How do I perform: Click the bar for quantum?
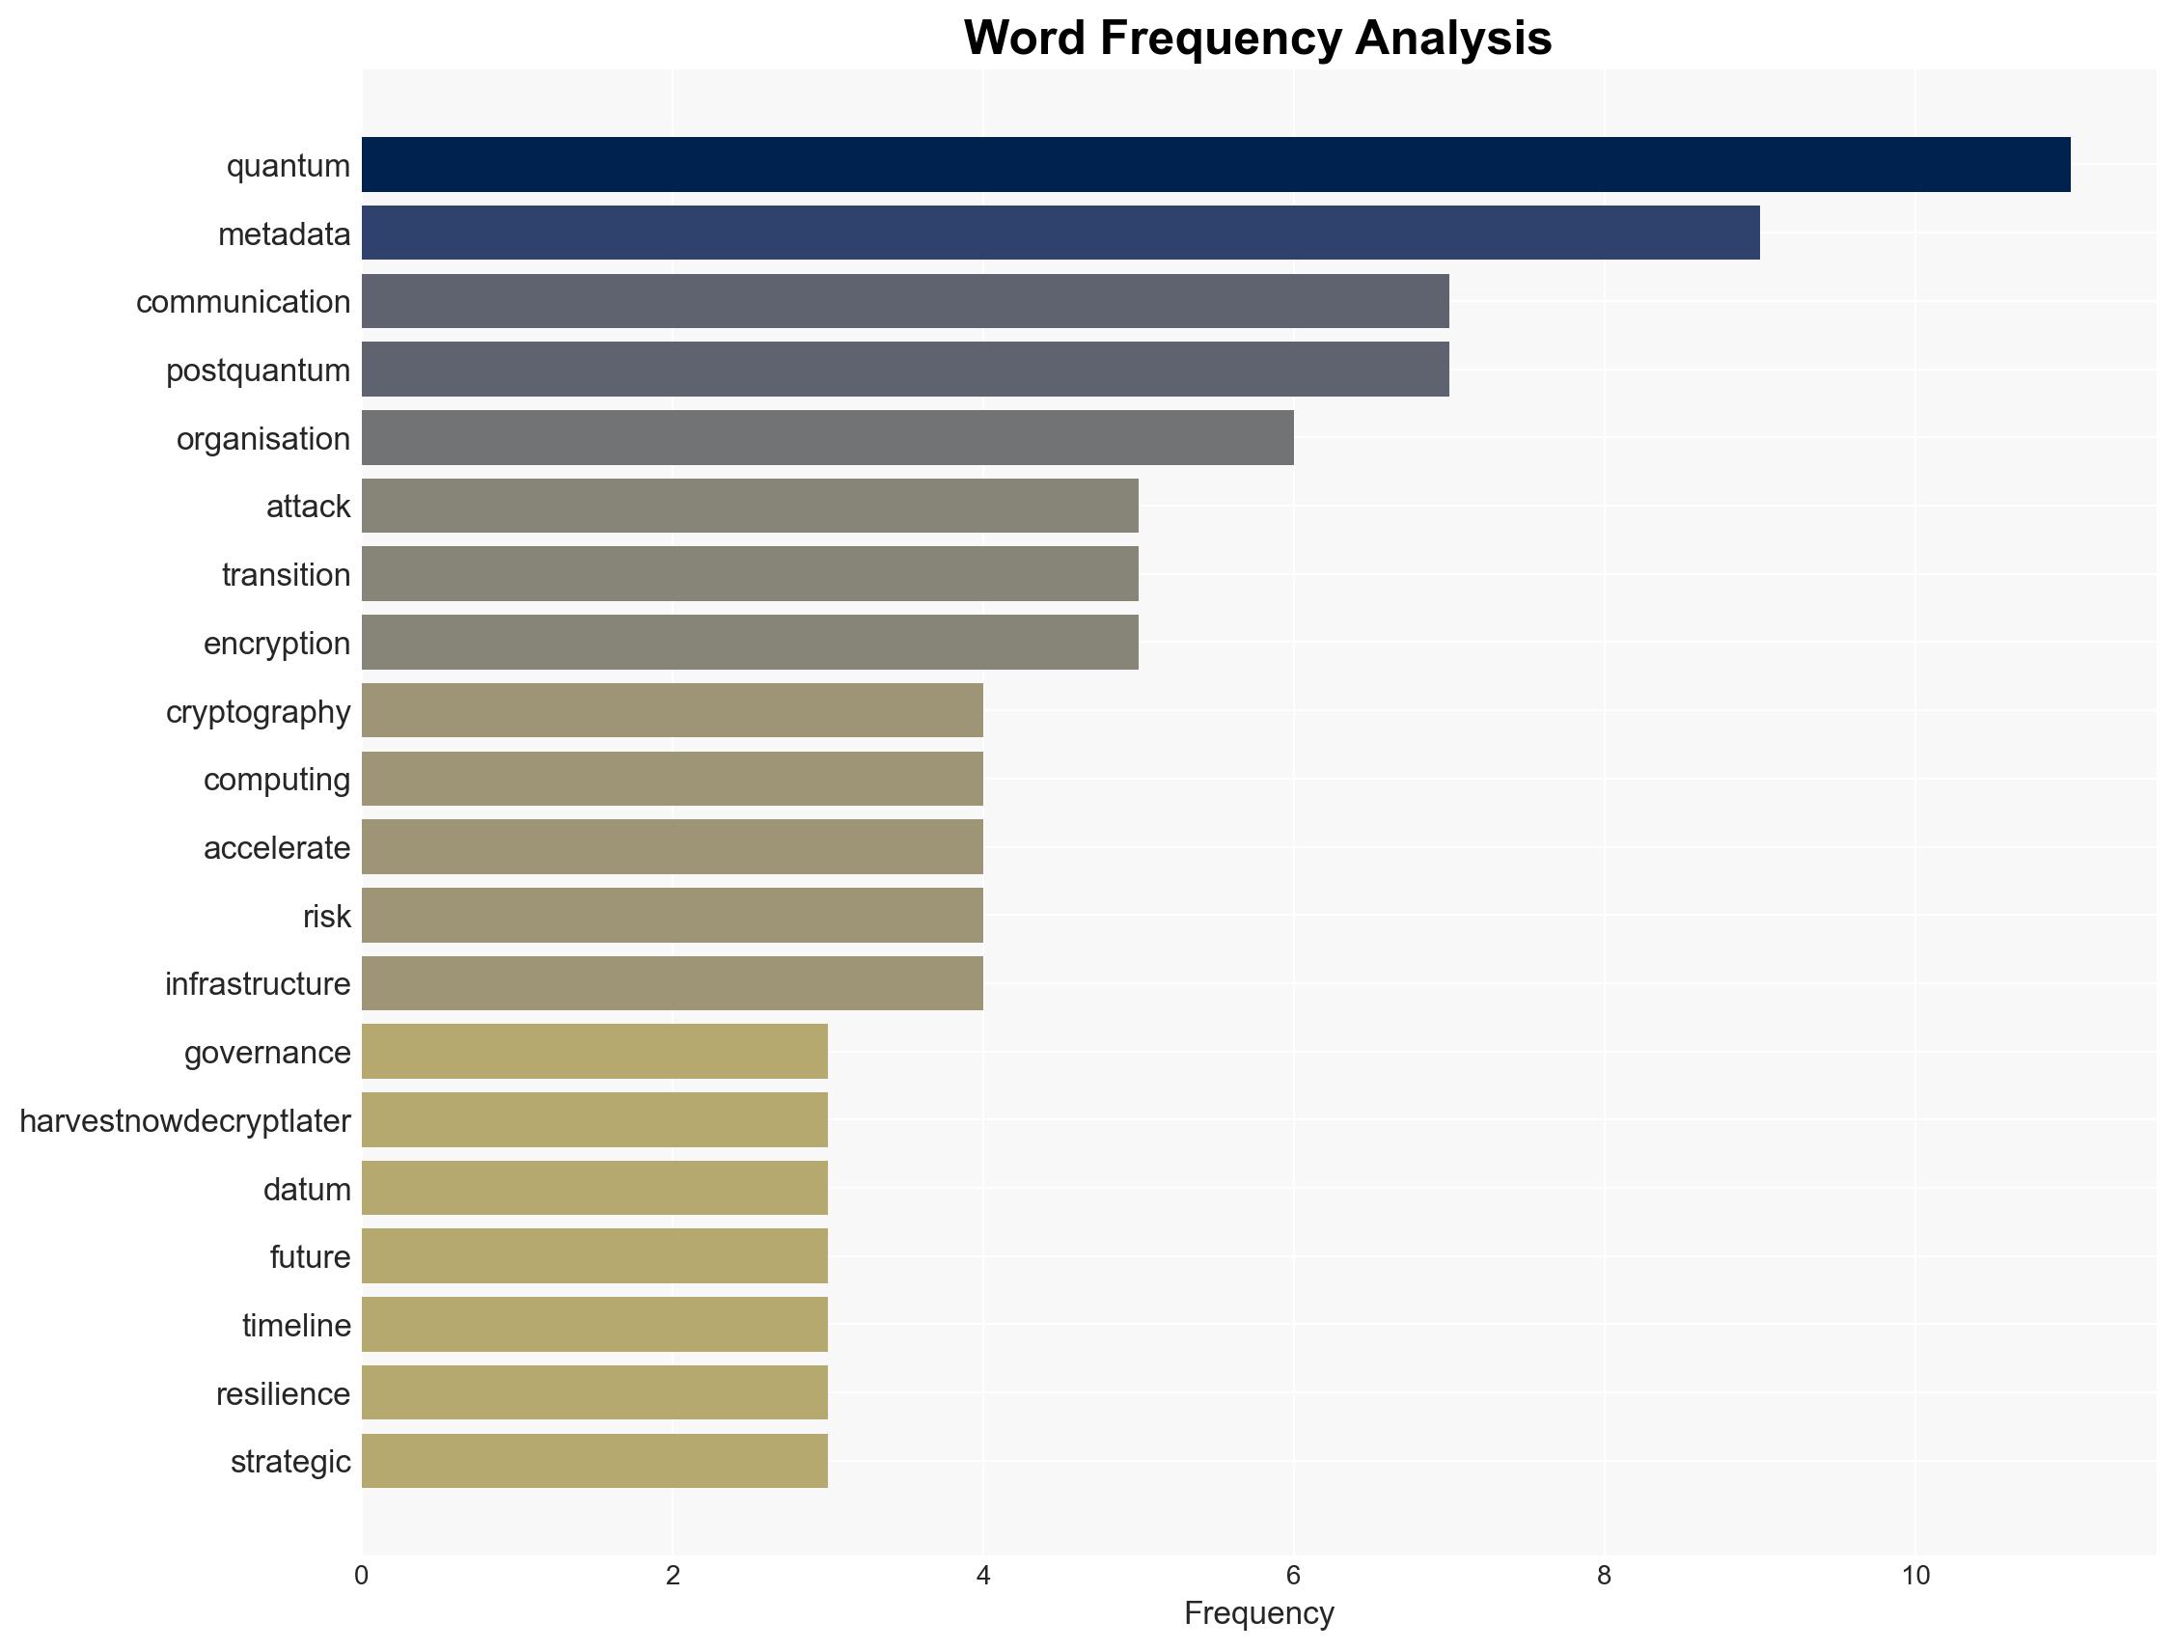tap(1215, 164)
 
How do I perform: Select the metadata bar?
tap(1060, 234)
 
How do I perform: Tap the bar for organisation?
tap(827, 437)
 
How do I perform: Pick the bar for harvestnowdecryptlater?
tap(593, 1120)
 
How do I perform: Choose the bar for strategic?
tap(593, 1461)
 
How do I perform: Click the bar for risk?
tap(672, 916)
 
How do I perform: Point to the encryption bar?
tap(749, 642)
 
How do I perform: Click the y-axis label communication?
tap(243, 302)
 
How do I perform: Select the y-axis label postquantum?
tap(258, 371)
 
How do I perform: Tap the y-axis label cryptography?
tap(258, 712)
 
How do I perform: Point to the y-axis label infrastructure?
tap(258, 984)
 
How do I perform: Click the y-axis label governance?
tap(266, 1053)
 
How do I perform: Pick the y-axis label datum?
tap(307, 1190)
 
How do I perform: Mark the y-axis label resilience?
tap(283, 1394)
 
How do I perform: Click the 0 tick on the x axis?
tap(362, 1577)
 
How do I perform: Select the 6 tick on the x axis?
tap(1293, 1577)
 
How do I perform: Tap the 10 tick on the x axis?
tap(1914, 1577)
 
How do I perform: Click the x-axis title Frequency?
tap(1258, 1613)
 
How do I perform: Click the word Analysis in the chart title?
tap(1452, 40)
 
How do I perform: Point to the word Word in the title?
tap(1024, 40)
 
